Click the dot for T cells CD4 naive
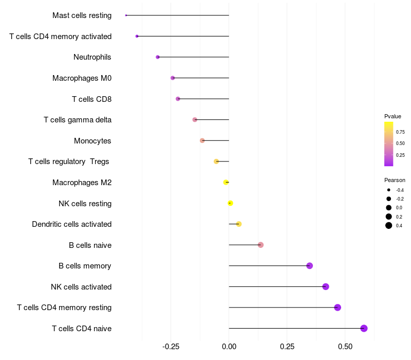coord(364,329)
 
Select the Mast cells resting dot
coord(126,15)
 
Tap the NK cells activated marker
coord(326,286)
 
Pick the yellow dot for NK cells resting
coord(230,203)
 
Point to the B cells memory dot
coord(309,266)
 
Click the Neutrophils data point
coord(158,57)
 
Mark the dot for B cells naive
coord(260,245)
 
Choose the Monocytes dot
coord(202,140)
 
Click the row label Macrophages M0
coord(82,78)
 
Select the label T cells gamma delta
coord(78,120)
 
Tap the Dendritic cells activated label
coord(71,224)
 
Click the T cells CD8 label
coord(91,99)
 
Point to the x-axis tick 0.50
coord(345,346)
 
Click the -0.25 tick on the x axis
coord(171,346)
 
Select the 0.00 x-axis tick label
coord(229,346)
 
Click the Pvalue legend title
coord(393,116)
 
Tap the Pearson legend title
coord(395,180)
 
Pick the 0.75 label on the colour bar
coord(400,132)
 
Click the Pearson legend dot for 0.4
coord(389,225)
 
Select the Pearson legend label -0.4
coord(400,190)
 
